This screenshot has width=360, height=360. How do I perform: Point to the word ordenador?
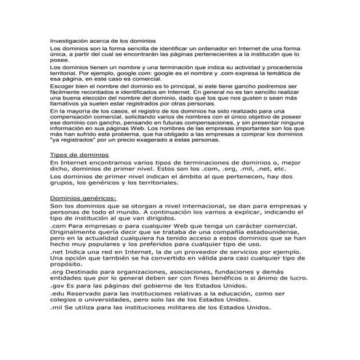coord(199,49)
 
